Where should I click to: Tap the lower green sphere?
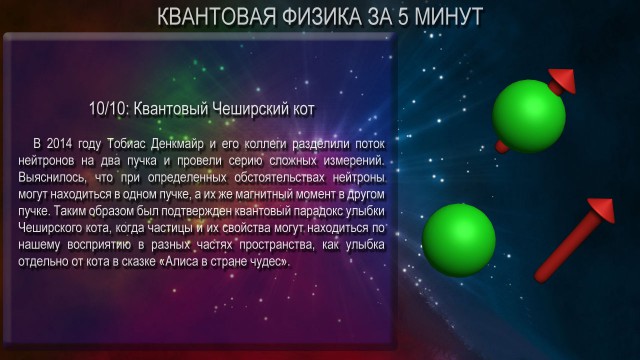pyautogui.click(x=459, y=240)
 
